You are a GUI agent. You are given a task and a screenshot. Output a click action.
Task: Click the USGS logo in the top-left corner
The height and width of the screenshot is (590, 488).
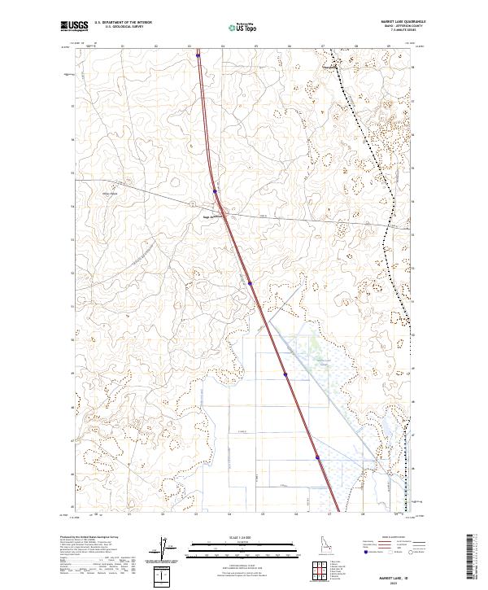coord(74,26)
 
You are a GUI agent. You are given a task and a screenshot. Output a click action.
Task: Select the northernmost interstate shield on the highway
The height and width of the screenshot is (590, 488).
coord(198,56)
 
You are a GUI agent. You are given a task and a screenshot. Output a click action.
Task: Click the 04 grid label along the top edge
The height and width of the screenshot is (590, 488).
coord(222,46)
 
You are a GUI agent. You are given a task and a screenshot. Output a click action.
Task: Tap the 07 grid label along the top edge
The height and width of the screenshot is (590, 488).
coord(323,46)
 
